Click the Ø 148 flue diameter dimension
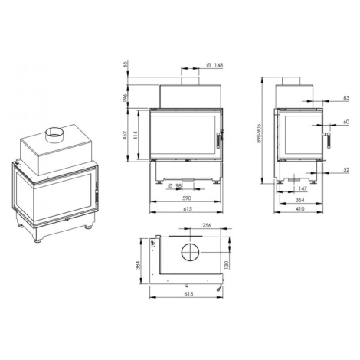[214, 65]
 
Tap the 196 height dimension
[125, 98]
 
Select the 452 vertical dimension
[125, 136]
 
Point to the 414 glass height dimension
[135, 136]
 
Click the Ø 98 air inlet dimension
[175, 186]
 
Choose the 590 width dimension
[187, 198]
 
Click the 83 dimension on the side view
[346, 98]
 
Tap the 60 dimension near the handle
[346, 122]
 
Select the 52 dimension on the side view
[346, 170]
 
